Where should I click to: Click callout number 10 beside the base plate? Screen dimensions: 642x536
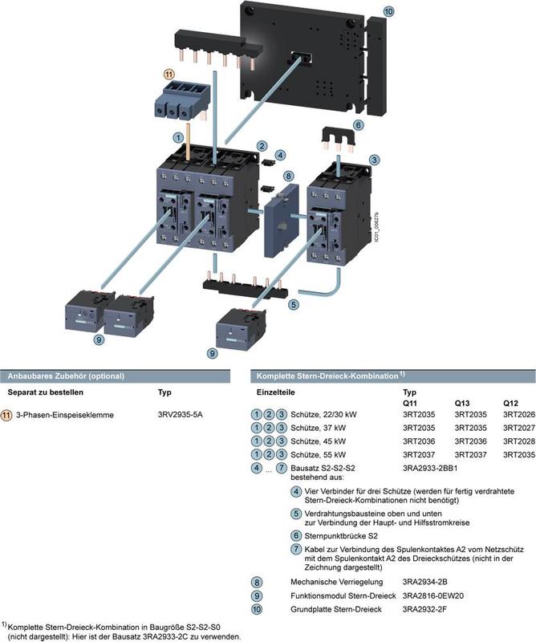click(388, 12)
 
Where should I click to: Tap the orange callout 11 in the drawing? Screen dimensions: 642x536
click(169, 74)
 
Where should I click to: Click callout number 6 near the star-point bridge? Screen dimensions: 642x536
click(358, 124)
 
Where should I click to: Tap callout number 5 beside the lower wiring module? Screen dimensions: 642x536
click(294, 304)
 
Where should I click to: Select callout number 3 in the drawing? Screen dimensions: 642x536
click(374, 160)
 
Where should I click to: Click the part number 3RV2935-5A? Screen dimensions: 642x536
click(181, 415)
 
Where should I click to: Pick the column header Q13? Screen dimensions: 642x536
click(464, 402)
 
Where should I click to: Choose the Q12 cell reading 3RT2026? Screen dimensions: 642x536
click(516, 414)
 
